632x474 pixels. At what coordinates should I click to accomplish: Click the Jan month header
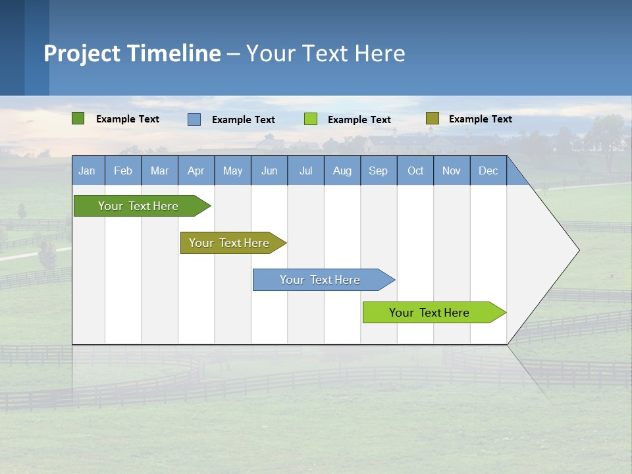tap(87, 171)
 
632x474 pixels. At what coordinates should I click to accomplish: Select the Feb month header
tap(123, 171)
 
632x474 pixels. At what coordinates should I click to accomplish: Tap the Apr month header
tap(196, 171)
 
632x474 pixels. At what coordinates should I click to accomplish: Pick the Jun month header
tap(269, 171)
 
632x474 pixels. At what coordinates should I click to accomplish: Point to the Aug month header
tap(342, 171)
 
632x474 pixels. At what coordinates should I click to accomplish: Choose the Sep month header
tap(378, 171)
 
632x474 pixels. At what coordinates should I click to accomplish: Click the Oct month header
tap(415, 171)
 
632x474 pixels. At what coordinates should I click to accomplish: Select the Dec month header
tap(488, 171)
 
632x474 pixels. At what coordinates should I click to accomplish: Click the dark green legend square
tap(78, 118)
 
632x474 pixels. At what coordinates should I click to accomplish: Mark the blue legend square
tap(194, 119)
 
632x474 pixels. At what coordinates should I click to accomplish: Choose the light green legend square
tap(311, 119)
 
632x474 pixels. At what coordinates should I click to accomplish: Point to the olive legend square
tap(432, 118)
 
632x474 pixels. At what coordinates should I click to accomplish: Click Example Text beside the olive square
tap(480, 119)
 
